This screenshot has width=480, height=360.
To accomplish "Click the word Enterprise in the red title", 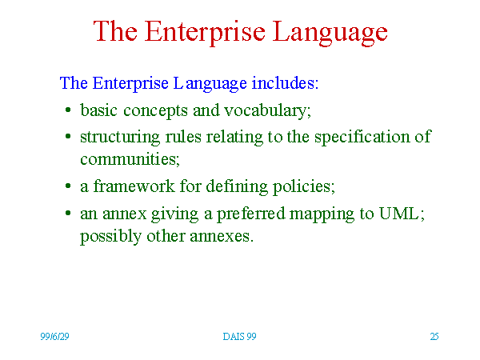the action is tap(205, 32).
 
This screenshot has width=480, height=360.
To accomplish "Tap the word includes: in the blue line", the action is tap(285, 83).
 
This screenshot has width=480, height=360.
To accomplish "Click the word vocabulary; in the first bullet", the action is tap(267, 111).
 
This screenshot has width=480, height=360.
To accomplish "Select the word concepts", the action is tap(155, 111).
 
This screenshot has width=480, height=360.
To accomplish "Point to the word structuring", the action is tap(120, 137).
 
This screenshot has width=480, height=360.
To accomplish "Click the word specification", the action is tap(362, 137).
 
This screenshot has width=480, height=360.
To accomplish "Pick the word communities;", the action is tap(130, 159).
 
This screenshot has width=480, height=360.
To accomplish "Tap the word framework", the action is tap(134, 186).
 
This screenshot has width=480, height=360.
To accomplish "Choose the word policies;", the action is tap(304, 186).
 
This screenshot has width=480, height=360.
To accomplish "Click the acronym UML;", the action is tap(402, 214).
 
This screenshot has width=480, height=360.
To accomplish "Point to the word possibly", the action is tap(111, 237).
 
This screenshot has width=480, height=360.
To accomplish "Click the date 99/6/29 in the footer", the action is tap(54, 337).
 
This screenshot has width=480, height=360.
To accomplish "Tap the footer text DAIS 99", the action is tap(239, 337).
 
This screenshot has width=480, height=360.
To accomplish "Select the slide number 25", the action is tap(434, 337).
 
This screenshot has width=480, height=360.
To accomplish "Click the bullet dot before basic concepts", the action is tap(68, 110).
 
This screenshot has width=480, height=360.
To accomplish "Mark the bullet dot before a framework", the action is tap(68, 186).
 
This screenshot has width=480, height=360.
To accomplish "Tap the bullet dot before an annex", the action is tap(68, 213).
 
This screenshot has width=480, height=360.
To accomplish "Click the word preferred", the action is tap(251, 214).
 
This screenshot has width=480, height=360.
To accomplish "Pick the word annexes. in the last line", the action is tap(222, 237).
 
